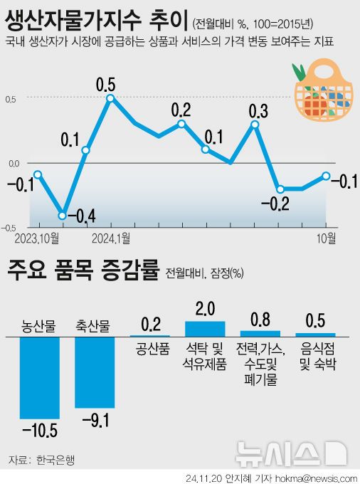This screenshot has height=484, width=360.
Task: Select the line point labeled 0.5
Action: pyautogui.click(x=110, y=98)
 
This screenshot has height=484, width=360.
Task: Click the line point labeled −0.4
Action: pyautogui.click(x=63, y=215)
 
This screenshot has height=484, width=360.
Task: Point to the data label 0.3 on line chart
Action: pyautogui.click(x=258, y=111)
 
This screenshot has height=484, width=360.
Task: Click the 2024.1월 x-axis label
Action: pyautogui.click(x=111, y=236)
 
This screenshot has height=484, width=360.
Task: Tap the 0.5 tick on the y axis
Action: pyautogui.click(x=11, y=98)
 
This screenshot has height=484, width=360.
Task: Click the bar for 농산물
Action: pyautogui.click(x=39, y=377)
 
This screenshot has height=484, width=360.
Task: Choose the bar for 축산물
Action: pyautogui.click(x=95, y=372)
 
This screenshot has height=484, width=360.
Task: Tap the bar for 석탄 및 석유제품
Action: pyautogui.click(x=205, y=328)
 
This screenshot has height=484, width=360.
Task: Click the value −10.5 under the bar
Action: pyautogui.click(x=39, y=431)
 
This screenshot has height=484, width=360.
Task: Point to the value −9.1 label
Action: pyautogui.click(x=95, y=420)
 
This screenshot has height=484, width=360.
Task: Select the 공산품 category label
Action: pyautogui.click(x=149, y=349)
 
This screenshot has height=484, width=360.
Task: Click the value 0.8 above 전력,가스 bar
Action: pyautogui.click(x=260, y=320)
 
